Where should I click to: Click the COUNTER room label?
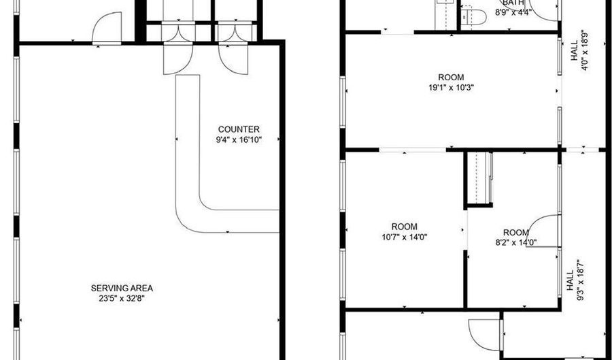click(x=239, y=129)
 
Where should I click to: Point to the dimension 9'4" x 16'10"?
click(x=239, y=140)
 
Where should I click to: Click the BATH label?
click(x=514, y=3)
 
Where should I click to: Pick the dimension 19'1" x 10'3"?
click(x=452, y=87)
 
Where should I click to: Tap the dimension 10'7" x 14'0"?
click(x=405, y=237)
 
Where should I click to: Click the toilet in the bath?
click(x=471, y=14)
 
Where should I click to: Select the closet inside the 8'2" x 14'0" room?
click(x=480, y=178)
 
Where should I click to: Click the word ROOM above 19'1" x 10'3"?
click(x=452, y=77)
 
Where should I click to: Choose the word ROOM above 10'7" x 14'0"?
click(x=405, y=227)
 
